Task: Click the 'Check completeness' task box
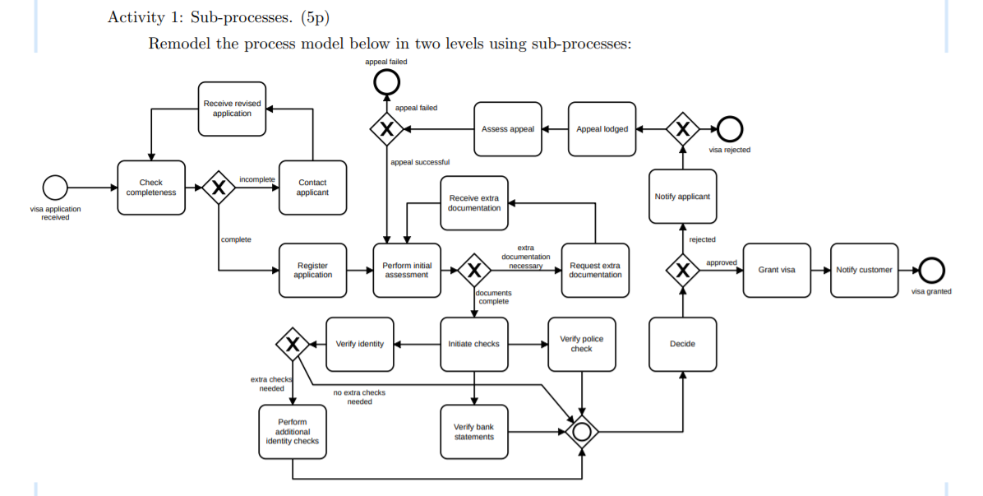(150, 188)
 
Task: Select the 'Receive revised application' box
(232, 108)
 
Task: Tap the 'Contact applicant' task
(312, 188)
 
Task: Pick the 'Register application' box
(312, 270)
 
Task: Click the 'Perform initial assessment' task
(407, 270)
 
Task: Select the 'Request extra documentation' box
(595, 270)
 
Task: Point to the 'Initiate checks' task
(473, 344)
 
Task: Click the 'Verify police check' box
(581, 344)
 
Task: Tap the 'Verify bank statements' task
(473, 431)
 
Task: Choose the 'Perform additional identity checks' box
(292, 431)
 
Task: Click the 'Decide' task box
(682, 344)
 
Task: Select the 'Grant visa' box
(776, 270)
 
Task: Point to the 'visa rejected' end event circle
(729, 128)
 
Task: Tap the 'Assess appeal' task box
(508, 129)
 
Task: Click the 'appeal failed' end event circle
(386, 81)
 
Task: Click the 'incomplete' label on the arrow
(256, 179)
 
